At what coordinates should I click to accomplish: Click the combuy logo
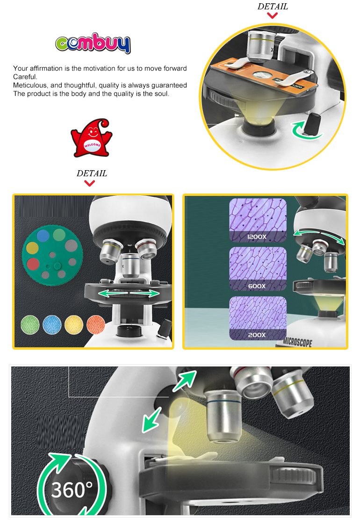coord(93,43)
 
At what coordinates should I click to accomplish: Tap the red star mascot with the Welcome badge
coord(91,138)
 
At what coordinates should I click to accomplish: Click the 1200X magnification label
coord(257,237)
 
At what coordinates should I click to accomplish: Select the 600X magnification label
coord(257,286)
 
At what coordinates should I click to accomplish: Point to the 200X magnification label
coord(257,335)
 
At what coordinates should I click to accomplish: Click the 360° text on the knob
coord(72,490)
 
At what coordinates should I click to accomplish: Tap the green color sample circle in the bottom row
coord(30,325)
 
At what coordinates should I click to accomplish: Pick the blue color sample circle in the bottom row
coord(52,325)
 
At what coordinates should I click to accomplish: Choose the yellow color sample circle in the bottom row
coord(74,325)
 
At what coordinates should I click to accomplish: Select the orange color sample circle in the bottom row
coord(96,325)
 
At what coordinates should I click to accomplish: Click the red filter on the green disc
coord(33,264)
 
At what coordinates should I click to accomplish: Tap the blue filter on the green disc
coord(43,236)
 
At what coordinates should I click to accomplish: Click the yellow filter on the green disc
coord(32,248)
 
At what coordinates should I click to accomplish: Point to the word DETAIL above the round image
coord(273,7)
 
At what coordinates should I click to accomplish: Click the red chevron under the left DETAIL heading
coord(90,184)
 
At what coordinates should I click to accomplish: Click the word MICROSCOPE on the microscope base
coord(297,342)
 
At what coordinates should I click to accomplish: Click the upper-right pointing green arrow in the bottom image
coord(185,381)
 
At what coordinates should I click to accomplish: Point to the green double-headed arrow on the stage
coord(129,293)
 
